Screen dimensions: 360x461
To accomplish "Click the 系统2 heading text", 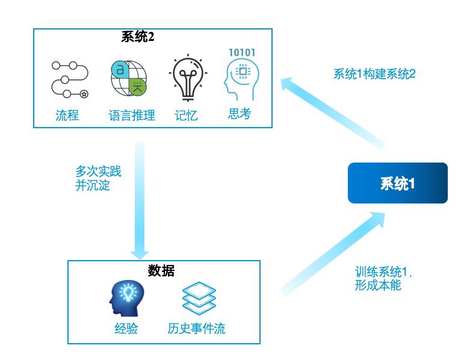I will [x=138, y=37].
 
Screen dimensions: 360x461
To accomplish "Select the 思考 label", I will [x=240, y=114].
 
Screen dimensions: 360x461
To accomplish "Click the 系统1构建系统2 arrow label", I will [x=374, y=74].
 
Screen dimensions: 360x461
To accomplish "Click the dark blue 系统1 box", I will [x=397, y=183].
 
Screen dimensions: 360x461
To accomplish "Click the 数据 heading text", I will [x=161, y=271].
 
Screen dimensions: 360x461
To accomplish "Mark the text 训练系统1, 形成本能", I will [x=383, y=279].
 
